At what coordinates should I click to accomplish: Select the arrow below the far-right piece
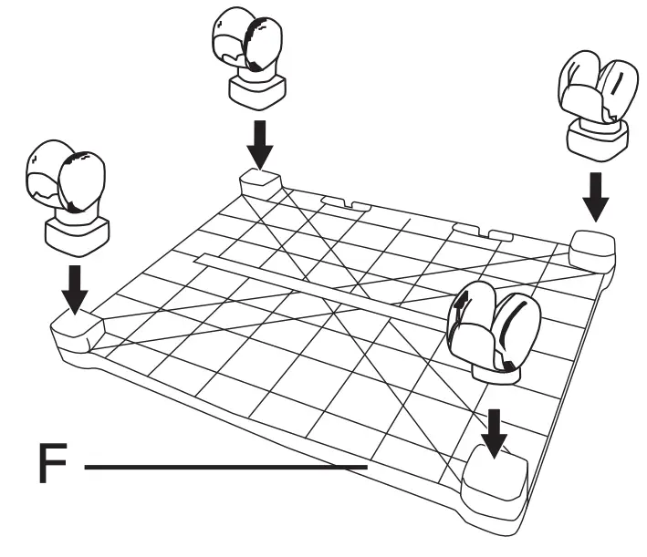[595, 195]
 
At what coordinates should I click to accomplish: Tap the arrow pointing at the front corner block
[495, 431]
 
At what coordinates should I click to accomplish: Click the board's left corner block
[77, 325]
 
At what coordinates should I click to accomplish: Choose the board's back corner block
[259, 183]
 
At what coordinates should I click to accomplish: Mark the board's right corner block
[592, 246]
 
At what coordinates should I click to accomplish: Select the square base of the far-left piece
[77, 232]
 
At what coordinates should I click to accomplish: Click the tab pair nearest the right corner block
[481, 230]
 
